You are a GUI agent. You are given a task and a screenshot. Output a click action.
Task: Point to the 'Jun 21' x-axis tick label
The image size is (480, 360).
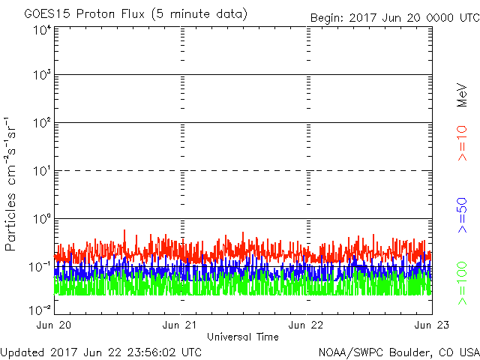[x=181, y=325]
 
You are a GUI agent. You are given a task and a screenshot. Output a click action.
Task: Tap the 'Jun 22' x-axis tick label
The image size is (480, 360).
[x=307, y=325]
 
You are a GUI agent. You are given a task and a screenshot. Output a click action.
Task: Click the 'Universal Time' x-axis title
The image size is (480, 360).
[x=243, y=337]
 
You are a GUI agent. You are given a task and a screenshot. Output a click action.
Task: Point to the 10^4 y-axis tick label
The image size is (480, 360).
[x=41, y=30]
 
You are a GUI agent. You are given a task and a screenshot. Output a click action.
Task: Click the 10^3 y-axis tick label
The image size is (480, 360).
[x=41, y=75]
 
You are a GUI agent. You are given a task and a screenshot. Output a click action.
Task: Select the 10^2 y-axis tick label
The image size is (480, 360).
[x=41, y=123]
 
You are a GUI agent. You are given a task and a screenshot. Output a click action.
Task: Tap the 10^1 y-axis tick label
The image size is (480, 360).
[x=41, y=171]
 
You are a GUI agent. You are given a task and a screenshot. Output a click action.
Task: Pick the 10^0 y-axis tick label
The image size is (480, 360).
[x=41, y=219]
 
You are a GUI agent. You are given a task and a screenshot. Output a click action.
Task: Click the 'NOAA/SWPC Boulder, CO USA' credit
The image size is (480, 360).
[x=399, y=352]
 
